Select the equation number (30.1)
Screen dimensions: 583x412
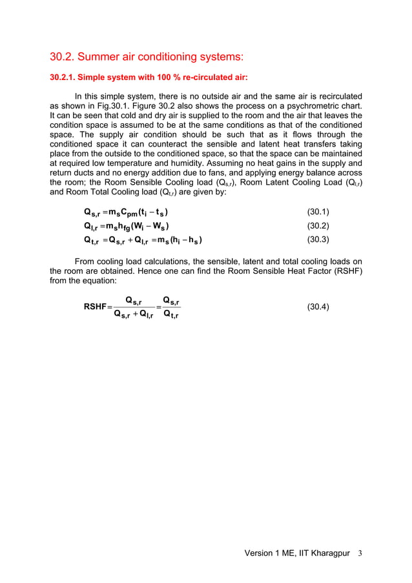pyautogui.click(x=318, y=212)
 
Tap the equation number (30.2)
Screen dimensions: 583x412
pyautogui.click(x=318, y=225)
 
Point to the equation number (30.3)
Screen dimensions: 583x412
pyautogui.click(x=318, y=240)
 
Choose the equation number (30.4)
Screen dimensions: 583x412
pyautogui.click(x=318, y=307)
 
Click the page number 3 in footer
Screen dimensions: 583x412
pyautogui.click(x=360, y=553)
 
